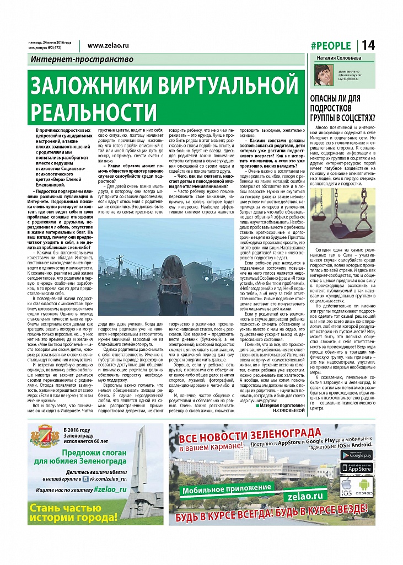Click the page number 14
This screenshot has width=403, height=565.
(368, 45)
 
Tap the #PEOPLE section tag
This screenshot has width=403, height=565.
(330, 46)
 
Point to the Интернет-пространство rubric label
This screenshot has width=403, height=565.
(82, 60)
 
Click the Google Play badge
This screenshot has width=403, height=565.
(356, 455)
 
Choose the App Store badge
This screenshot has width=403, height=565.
(356, 468)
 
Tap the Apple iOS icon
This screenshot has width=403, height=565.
(347, 486)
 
